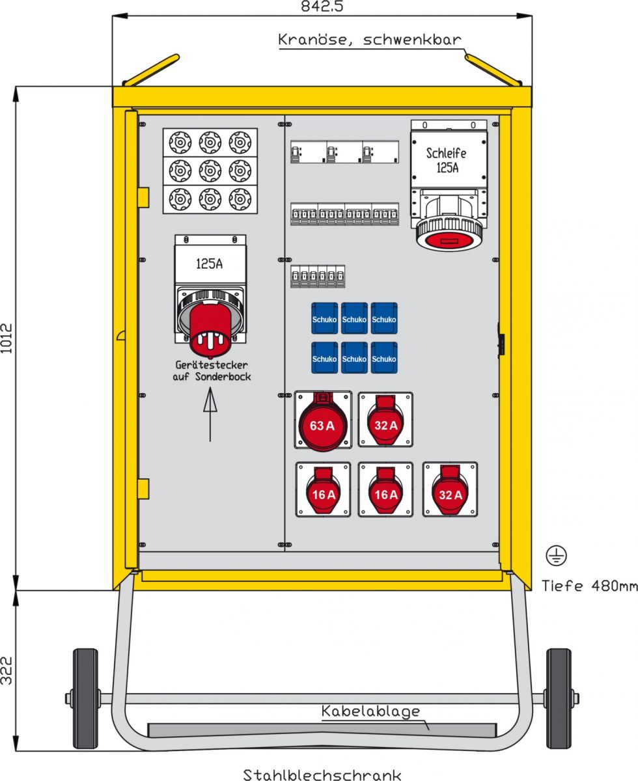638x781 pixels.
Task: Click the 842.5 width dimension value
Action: pyautogui.click(x=322, y=7)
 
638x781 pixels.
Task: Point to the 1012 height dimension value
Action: pyautogui.click(x=7, y=338)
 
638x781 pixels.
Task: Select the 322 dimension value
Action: pyautogui.click(x=7, y=670)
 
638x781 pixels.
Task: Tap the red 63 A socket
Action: pyautogui.click(x=323, y=422)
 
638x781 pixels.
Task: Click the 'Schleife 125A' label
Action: pyautogui.click(x=447, y=160)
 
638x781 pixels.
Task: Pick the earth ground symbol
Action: pyautogui.click(x=556, y=555)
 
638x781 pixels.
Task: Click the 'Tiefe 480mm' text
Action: pyautogui.click(x=589, y=586)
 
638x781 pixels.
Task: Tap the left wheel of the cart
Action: pyautogui.click(x=85, y=698)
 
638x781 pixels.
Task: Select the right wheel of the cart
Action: pyautogui.click(x=559, y=698)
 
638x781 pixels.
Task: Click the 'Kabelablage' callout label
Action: pyautogui.click(x=370, y=711)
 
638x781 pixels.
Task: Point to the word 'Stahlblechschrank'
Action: pyautogui.click(x=322, y=774)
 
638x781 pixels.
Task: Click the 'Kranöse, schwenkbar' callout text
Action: pyautogui.click(x=369, y=40)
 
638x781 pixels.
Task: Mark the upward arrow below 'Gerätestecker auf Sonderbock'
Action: pyautogui.click(x=210, y=415)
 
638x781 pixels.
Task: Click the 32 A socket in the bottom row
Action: pyautogui.click(x=450, y=489)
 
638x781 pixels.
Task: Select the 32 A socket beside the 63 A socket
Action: pyautogui.click(x=385, y=420)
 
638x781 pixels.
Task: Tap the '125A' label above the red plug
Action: pyautogui.click(x=210, y=264)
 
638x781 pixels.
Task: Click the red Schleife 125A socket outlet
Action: pyautogui.click(x=449, y=232)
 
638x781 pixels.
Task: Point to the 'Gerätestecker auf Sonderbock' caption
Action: pyautogui.click(x=212, y=371)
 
